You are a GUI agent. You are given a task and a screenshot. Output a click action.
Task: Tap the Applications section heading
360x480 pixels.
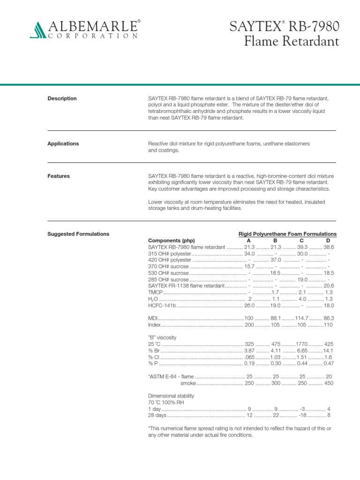(x=63, y=143)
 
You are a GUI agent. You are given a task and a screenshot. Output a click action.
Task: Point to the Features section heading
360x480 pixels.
(x=59, y=176)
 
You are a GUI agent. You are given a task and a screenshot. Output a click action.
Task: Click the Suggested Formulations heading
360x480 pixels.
(x=78, y=234)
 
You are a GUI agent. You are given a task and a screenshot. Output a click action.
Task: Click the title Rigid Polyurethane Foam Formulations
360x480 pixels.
(x=287, y=234)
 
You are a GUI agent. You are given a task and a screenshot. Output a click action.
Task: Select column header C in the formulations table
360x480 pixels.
(x=302, y=240)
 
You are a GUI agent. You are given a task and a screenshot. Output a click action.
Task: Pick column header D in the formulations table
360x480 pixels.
(x=328, y=240)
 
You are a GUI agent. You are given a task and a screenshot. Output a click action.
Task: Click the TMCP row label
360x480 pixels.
(x=156, y=292)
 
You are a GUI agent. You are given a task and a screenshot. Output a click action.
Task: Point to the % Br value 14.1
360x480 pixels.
(x=328, y=350)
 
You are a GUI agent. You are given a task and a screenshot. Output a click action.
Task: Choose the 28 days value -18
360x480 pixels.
(x=304, y=415)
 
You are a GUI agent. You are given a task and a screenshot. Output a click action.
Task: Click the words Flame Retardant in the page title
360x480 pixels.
(x=292, y=42)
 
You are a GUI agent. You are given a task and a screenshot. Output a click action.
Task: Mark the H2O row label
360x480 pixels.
(x=153, y=299)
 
